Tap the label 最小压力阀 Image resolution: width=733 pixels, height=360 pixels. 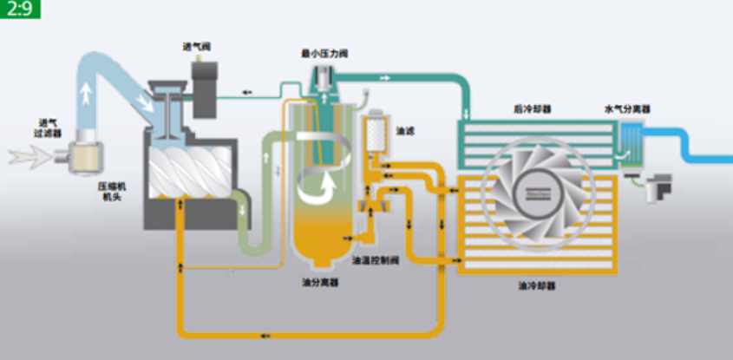324,54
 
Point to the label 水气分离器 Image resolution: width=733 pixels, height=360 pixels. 627,109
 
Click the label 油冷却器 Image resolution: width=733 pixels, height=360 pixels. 536,285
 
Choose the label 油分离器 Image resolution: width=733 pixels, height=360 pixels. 320,282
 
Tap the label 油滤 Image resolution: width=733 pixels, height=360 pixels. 405,131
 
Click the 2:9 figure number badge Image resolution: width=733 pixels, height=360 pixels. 19,11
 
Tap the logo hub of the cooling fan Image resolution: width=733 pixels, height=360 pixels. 535,193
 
